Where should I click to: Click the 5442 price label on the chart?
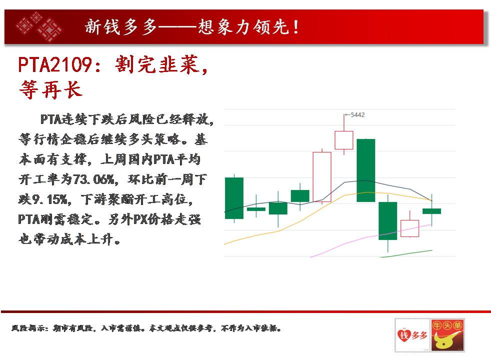[357, 115]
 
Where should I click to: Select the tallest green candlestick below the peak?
[365, 170]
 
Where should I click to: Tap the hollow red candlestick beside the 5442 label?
[344, 140]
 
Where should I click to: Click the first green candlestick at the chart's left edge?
[234, 198]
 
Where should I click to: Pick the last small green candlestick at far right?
[432, 211]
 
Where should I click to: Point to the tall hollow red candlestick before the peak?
[322, 177]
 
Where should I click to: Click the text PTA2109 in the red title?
[55, 65]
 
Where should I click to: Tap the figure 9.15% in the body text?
[49, 199]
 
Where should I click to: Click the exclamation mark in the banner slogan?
[295, 27]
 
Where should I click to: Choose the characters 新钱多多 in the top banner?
[120, 27]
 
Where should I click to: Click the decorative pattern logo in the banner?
[39, 27]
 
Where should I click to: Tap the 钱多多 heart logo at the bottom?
[412, 335]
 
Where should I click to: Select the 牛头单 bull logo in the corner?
[447, 335]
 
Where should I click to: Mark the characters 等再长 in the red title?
[50, 90]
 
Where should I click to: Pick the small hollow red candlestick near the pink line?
[409, 228]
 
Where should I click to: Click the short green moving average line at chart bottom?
[406, 253]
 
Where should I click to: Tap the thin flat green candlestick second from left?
[256, 209]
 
